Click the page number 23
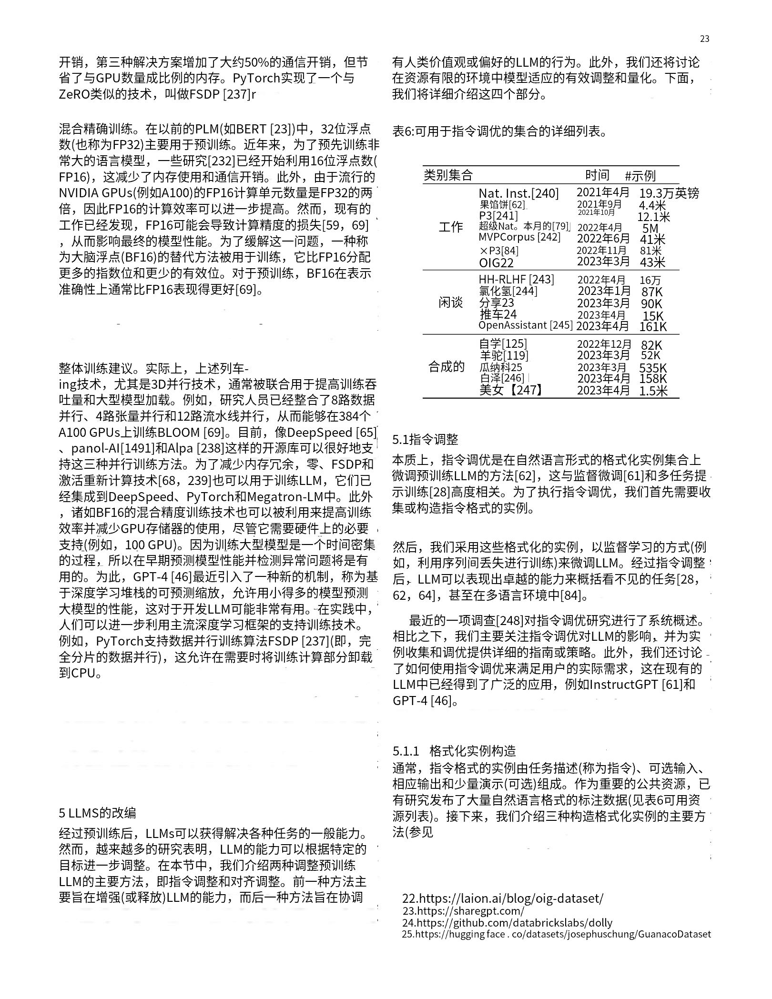[x=705, y=39]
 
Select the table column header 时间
[x=597, y=175]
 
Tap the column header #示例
[x=640, y=176]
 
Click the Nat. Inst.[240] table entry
[x=518, y=193]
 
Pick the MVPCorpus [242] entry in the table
[x=519, y=237]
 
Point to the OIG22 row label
[x=496, y=262]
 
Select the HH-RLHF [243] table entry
[x=516, y=280]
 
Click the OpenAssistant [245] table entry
[x=525, y=325]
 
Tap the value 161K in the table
[x=653, y=327]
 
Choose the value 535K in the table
[x=653, y=368]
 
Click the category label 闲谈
[x=450, y=303]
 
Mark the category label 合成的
[x=447, y=367]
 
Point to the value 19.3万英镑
[x=669, y=193]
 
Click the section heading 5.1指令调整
[x=425, y=439]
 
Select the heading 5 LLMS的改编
[x=97, y=813]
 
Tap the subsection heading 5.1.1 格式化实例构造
[x=454, y=751]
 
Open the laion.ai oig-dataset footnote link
[x=503, y=898]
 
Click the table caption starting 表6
[x=500, y=131]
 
